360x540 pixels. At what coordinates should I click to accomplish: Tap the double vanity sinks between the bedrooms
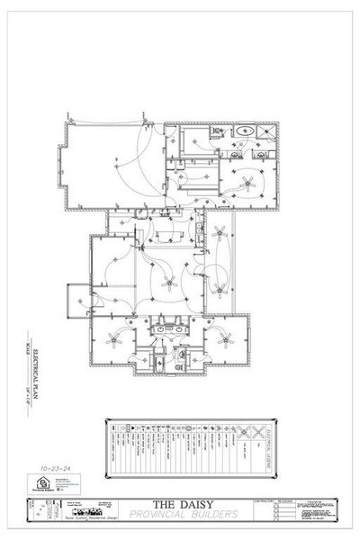pyautogui.click(x=170, y=330)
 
